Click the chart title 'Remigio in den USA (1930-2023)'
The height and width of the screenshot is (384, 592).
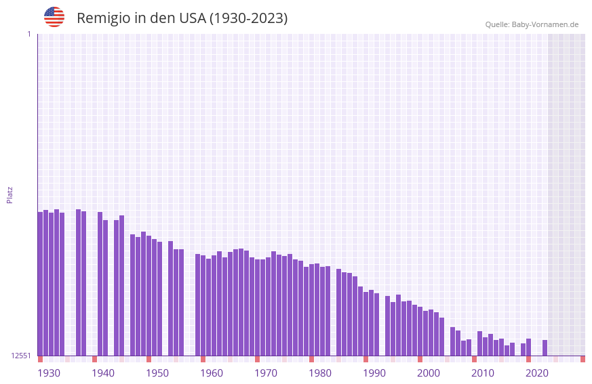[x=182, y=18]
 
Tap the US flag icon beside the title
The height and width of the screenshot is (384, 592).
[x=54, y=17]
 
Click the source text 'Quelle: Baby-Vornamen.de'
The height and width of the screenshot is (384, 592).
[x=532, y=24]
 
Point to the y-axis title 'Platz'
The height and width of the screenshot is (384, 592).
[x=9, y=195]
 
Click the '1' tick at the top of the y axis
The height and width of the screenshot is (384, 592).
[x=29, y=34]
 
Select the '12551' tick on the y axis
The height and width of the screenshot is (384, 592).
[x=21, y=356]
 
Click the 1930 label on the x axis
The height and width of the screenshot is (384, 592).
[x=49, y=373]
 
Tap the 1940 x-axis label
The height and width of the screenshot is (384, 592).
[x=103, y=373]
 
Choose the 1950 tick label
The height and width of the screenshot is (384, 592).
[x=157, y=373]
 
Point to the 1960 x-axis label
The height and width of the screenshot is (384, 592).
[x=212, y=373]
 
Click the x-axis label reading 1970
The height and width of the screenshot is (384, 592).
[x=266, y=373]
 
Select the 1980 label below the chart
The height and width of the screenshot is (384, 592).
[x=320, y=373]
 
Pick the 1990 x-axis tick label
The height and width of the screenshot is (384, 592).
[x=374, y=373]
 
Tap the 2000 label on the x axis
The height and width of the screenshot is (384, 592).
[x=429, y=373]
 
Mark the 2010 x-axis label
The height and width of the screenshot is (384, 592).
[x=483, y=373]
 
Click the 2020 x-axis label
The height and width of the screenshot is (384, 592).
[x=537, y=373]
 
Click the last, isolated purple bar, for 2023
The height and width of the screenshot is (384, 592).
[x=545, y=347]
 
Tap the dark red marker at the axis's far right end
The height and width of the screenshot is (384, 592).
[x=583, y=359]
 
